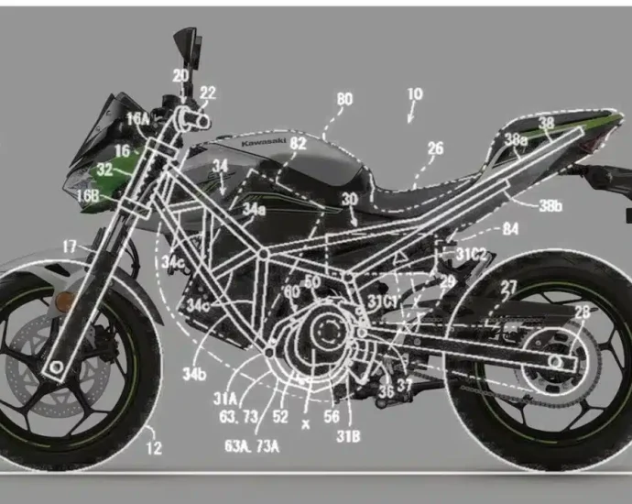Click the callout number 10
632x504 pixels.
(x=414, y=94)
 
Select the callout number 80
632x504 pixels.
(x=344, y=98)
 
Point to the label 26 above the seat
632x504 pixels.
(x=435, y=148)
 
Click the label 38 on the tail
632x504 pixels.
(x=546, y=122)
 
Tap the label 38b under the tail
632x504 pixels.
(x=550, y=206)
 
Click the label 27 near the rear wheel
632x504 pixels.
(x=508, y=287)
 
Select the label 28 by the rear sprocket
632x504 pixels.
(x=583, y=312)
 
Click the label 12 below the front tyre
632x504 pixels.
(x=153, y=448)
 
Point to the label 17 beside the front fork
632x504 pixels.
(x=70, y=246)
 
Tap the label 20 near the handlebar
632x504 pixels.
(x=180, y=76)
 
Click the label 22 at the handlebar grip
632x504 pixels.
(x=208, y=93)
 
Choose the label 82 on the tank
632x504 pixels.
(x=298, y=143)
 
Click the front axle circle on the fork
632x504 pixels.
(x=58, y=367)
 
